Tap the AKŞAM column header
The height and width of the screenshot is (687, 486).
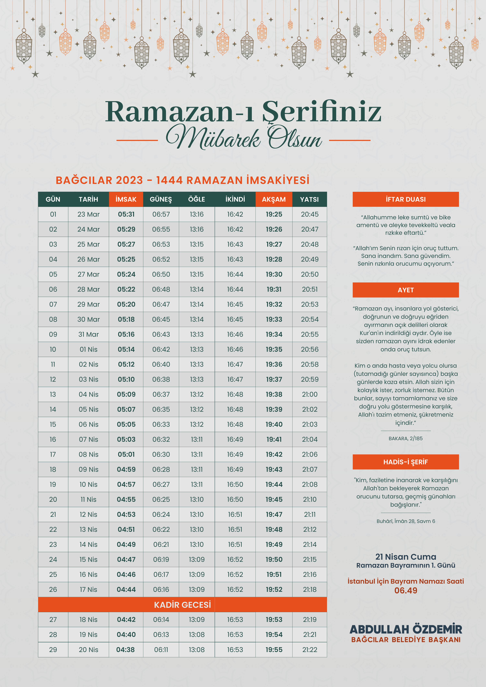pyautogui.click(x=274, y=199)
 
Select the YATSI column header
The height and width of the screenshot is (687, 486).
pyautogui.click(x=309, y=199)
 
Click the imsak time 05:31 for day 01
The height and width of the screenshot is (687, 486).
pyautogui.click(x=126, y=214)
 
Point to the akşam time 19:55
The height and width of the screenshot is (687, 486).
pyautogui.click(x=274, y=650)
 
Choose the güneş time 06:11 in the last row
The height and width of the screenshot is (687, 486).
pyautogui.click(x=161, y=650)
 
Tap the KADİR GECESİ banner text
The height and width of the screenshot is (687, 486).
pyautogui.click(x=182, y=605)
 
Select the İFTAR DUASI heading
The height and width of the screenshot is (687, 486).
pyautogui.click(x=405, y=199)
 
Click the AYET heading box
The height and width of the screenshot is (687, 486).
pyautogui.click(x=405, y=290)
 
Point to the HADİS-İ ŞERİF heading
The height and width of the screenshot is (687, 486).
pyautogui.click(x=405, y=462)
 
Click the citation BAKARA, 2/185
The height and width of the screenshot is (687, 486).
pyautogui.click(x=405, y=438)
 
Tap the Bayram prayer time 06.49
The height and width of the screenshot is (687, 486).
pyautogui.click(x=405, y=590)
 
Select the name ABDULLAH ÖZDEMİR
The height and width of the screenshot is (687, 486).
pyautogui.click(x=405, y=629)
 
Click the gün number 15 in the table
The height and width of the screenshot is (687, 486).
pyautogui.click(x=53, y=424)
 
